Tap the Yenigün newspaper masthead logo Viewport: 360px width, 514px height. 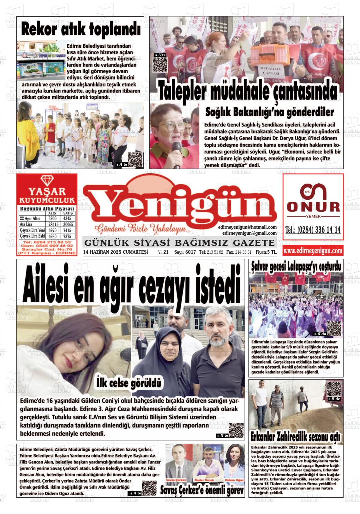180,207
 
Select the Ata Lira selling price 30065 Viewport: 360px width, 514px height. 68,224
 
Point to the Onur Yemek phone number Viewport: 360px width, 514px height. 313,230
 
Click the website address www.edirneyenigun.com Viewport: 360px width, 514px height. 313,251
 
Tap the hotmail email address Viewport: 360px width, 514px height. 247,227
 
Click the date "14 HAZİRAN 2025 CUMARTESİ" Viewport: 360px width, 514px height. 115,252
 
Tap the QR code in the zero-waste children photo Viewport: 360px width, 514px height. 135,159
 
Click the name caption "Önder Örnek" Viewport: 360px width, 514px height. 204,480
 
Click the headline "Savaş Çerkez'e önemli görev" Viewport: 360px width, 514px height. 202,490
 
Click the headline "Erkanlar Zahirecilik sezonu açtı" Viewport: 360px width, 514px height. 296,437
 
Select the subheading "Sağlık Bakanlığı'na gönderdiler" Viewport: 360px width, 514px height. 270,112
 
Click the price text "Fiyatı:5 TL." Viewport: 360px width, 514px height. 266,252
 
